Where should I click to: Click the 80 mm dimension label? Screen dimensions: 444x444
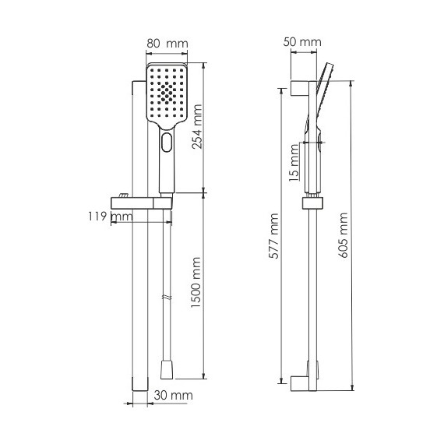point(167,44)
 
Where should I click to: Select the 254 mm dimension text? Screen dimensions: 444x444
point(197,126)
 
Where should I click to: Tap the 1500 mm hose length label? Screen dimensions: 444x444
point(196,282)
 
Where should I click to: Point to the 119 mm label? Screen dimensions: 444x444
point(110,217)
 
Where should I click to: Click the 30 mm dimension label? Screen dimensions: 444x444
point(173,396)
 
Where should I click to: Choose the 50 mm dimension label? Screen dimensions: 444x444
point(302,42)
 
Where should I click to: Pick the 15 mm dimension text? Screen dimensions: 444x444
point(294,163)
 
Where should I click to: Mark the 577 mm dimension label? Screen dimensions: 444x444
point(274,236)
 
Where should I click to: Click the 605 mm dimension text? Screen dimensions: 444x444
point(343,235)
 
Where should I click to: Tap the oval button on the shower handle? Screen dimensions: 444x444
point(167,142)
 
